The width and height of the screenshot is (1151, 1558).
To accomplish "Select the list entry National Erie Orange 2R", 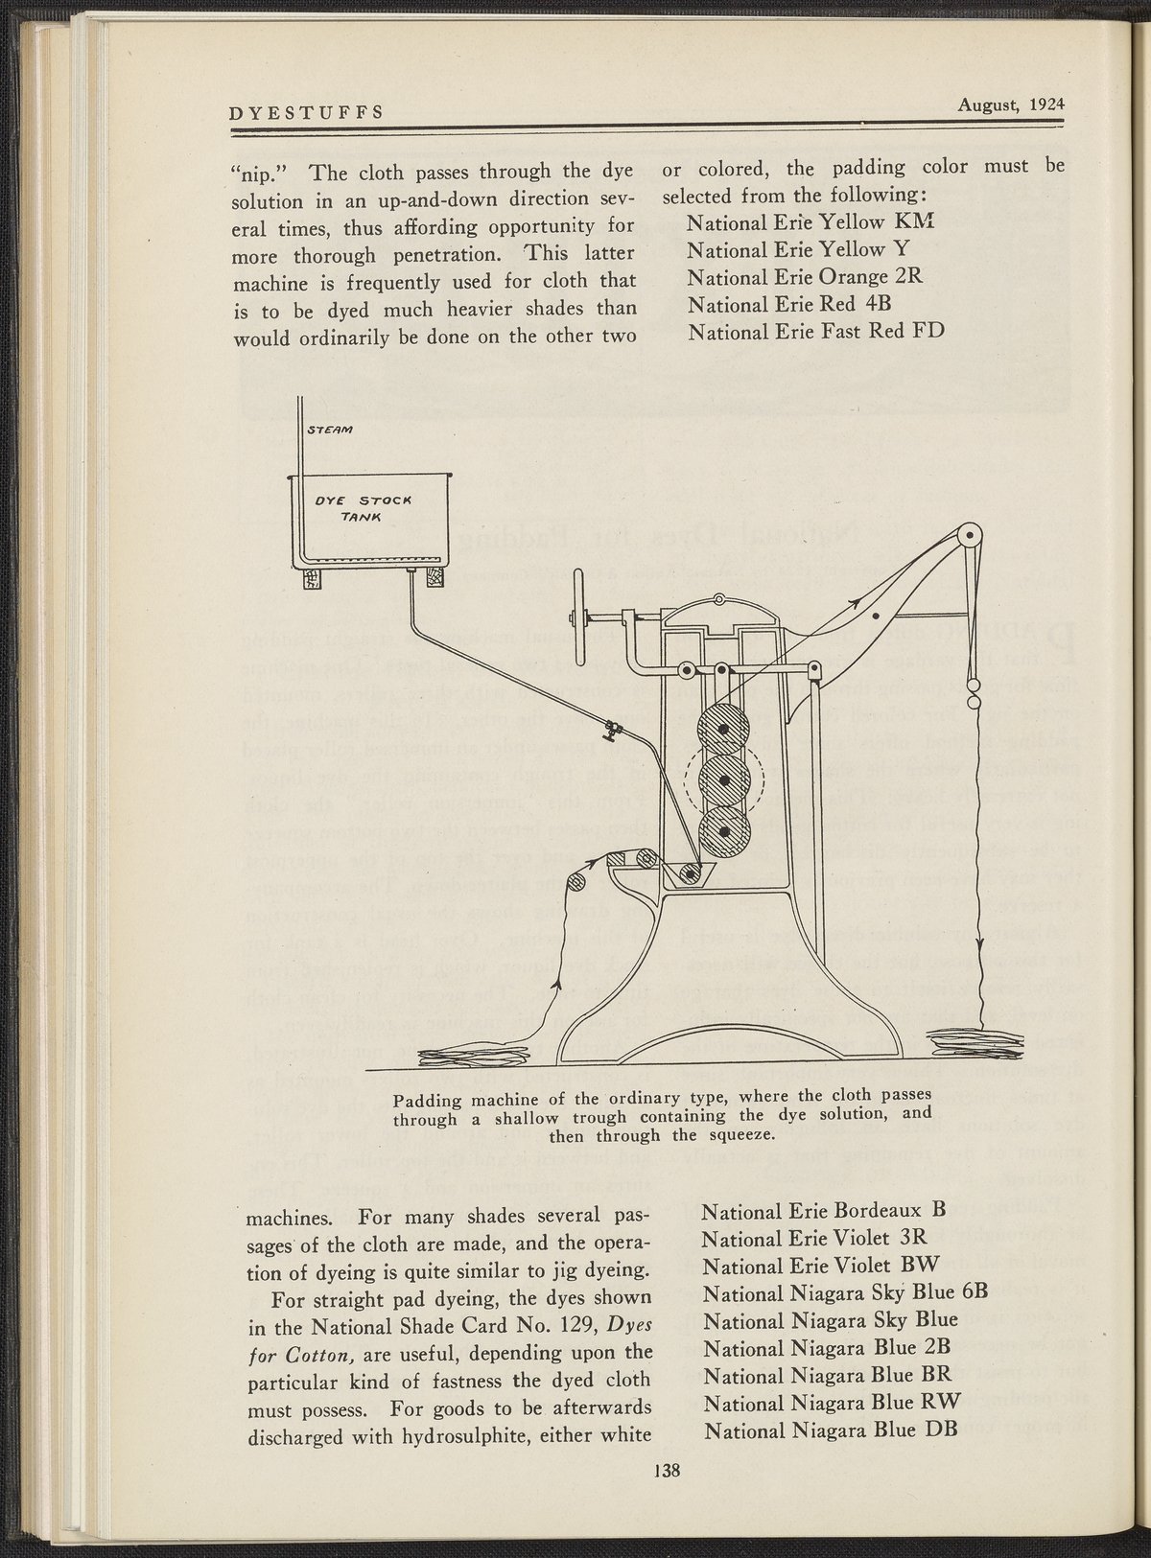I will [805, 277].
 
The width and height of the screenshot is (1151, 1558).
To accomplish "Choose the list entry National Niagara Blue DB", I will [833, 1431].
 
